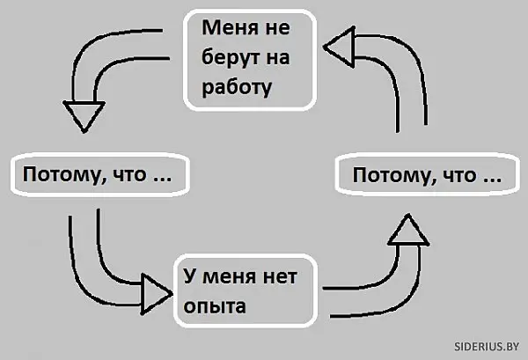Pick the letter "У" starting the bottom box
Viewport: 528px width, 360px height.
pyautogui.click(x=189, y=277)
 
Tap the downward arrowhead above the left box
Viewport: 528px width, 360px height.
pyautogui.click(x=84, y=114)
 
